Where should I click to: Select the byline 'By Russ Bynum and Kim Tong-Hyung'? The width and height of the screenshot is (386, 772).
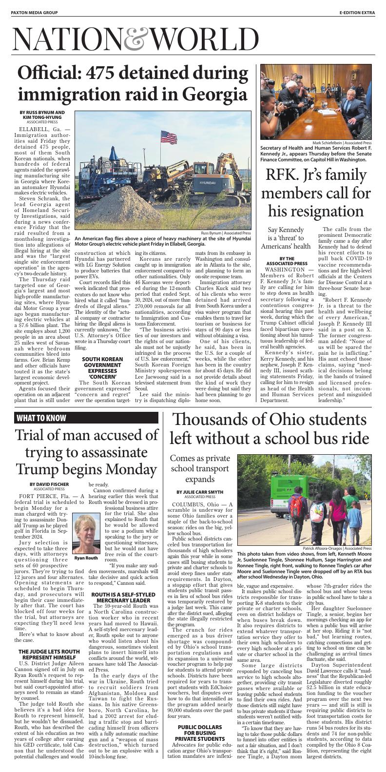tap(42, 115)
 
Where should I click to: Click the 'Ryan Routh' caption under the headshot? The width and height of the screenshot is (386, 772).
tap(86, 558)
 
